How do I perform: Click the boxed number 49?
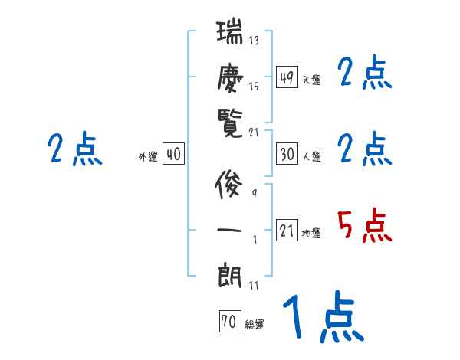click(287, 77)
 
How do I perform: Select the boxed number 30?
click(287, 154)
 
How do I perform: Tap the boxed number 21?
click(287, 231)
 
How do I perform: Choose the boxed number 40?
click(173, 155)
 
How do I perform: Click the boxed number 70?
click(228, 322)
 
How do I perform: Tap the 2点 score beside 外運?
click(74, 149)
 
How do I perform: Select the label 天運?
click(311, 80)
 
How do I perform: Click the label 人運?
click(311, 156)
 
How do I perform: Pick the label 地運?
click(311, 233)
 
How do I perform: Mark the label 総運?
click(254, 325)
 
